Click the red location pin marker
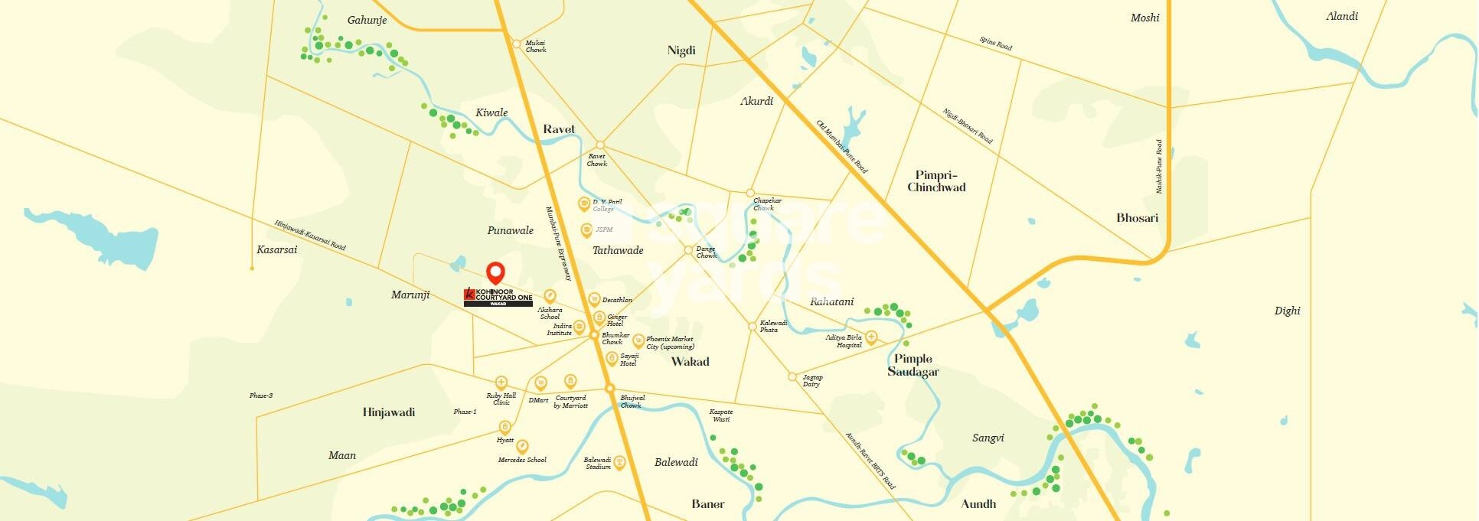(496, 272)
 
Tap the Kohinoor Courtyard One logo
(498, 298)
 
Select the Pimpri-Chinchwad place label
(936, 181)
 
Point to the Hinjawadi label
(389, 412)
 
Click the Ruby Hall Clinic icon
(501, 383)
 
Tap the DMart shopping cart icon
(540, 383)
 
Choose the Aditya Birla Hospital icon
(870, 337)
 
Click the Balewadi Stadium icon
(619, 463)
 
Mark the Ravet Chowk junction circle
(600, 145)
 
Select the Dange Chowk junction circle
(688, 250)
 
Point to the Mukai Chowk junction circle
(517, 44)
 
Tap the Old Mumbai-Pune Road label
(841, 146)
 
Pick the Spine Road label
(995, 44)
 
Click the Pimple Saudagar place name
(913, 365)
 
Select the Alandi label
(1342, 16)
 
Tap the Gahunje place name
(367, 20)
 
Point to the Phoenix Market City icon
(638, 341)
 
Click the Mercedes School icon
(522, 446)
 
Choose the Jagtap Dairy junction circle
(792, 376)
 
